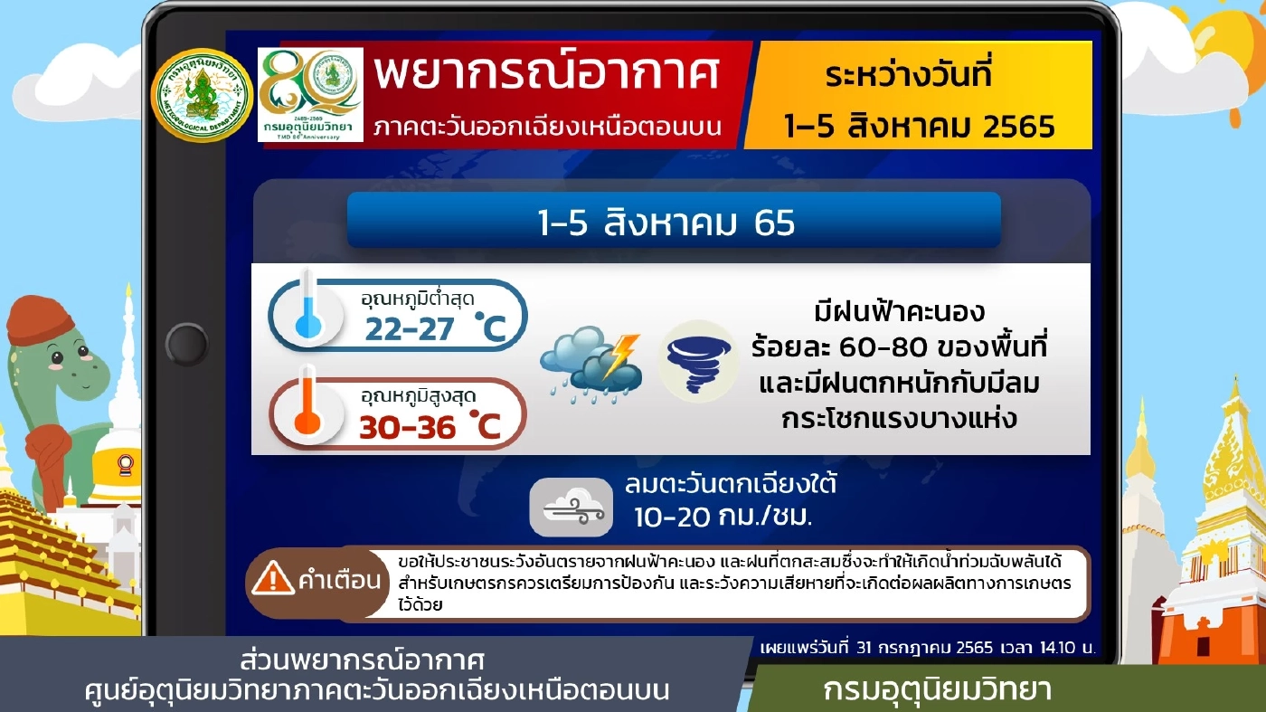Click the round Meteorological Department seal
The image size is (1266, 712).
201,95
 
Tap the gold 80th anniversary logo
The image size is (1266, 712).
310,94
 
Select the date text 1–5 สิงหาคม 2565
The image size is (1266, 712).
918,124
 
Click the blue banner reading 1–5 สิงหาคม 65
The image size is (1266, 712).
674,221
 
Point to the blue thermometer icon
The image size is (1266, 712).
307,312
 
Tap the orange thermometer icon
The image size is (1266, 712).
307,412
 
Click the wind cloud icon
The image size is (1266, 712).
571,508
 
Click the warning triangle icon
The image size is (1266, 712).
272,580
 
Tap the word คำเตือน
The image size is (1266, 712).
339,581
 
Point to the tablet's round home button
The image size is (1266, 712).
187,345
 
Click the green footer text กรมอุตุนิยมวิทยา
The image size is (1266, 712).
937,690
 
